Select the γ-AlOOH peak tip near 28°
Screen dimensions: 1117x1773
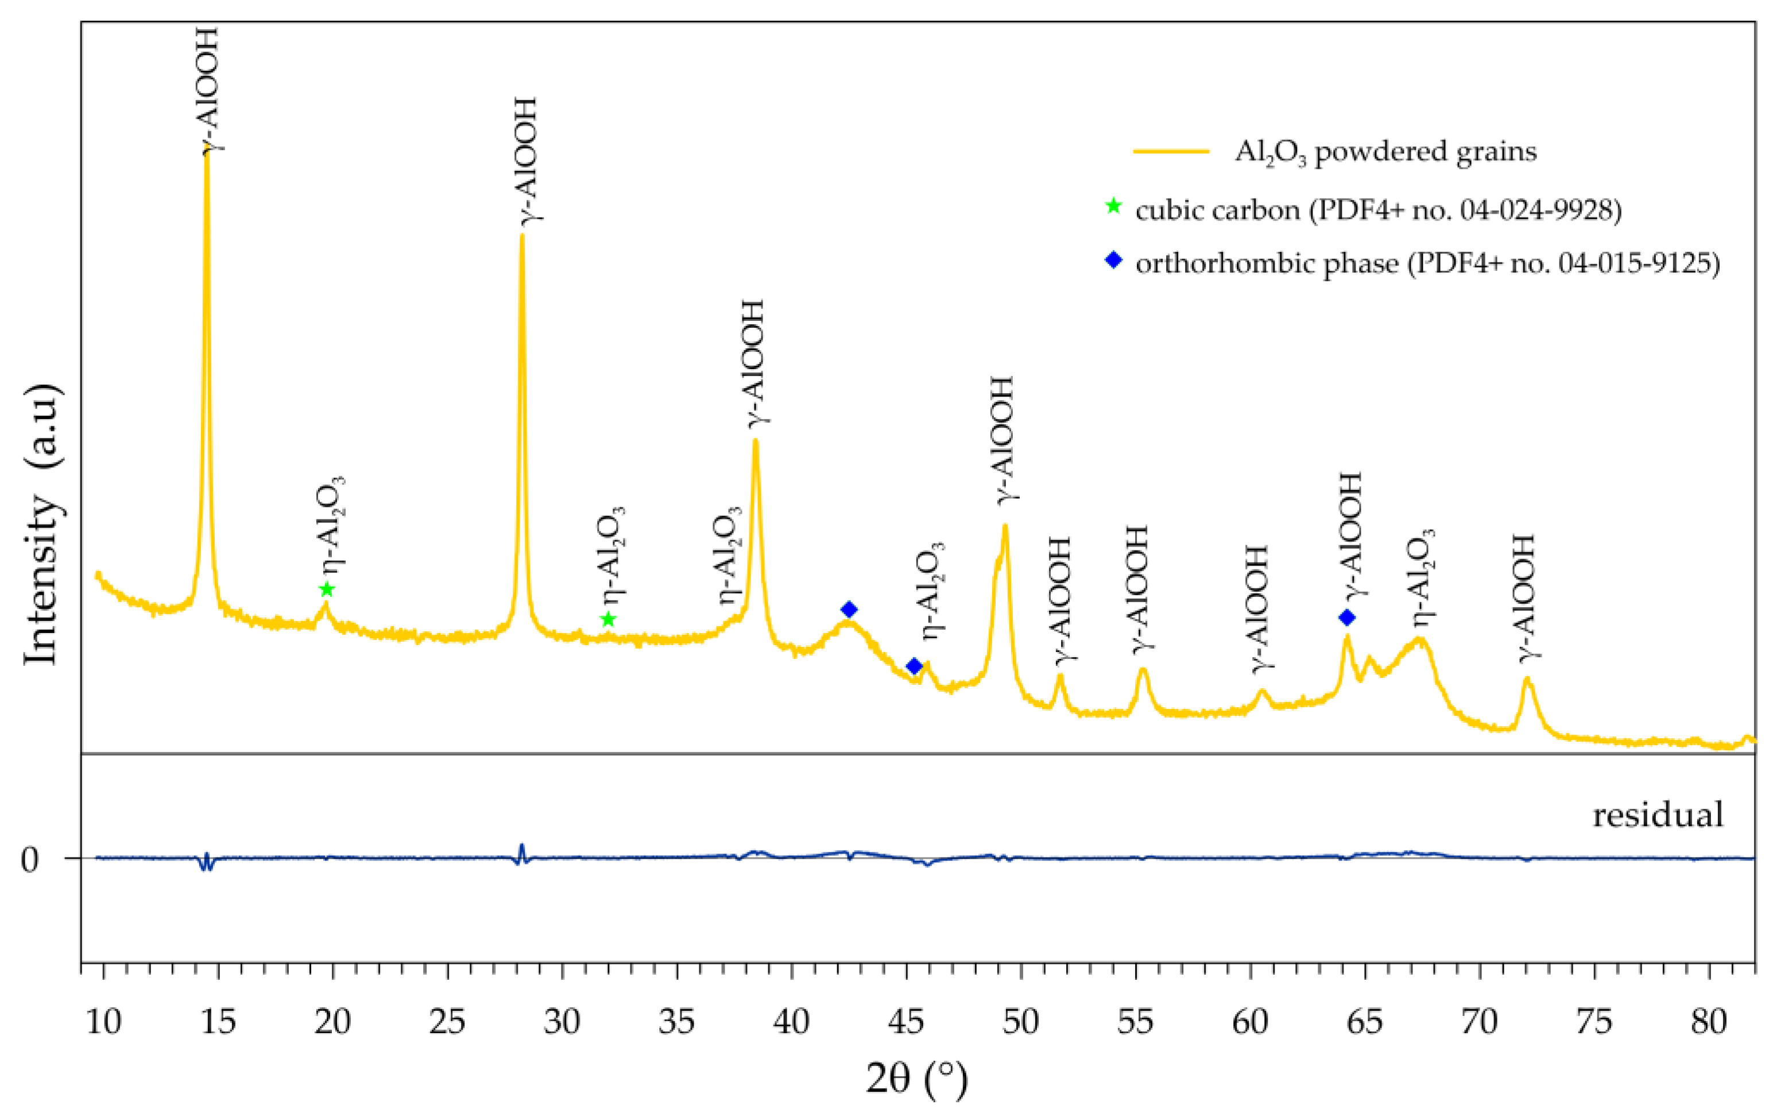point(522,237)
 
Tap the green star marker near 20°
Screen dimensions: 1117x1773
point(327,589)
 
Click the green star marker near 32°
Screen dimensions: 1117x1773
point(607,619)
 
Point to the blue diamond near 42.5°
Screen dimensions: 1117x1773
point(849,609)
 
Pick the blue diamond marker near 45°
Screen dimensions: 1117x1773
point(913,666)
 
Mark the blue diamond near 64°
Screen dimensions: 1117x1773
point(1346,617)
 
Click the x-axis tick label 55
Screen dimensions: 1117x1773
point(1135,1022)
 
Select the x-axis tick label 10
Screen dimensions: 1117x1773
point(104,1022)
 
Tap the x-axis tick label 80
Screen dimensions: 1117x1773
point(1708,1022)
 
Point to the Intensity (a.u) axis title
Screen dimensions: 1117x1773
point(41,524)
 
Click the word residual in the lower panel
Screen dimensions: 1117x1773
point(1658,815)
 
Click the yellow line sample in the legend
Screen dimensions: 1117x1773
point(1171,152)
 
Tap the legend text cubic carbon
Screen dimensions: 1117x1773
point(1218,211)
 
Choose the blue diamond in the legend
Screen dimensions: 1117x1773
point(1113,260)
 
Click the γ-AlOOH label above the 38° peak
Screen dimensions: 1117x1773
point(754,362)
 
